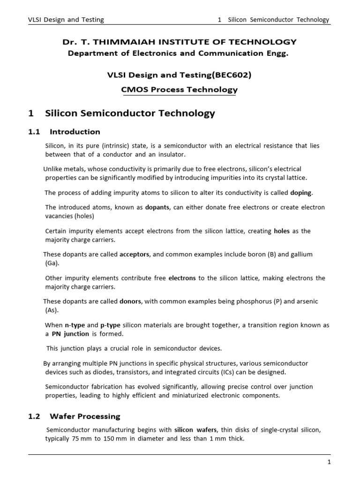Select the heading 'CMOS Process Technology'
180,90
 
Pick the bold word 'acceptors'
135,254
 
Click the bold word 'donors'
130,301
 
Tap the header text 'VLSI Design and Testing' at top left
66,20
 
